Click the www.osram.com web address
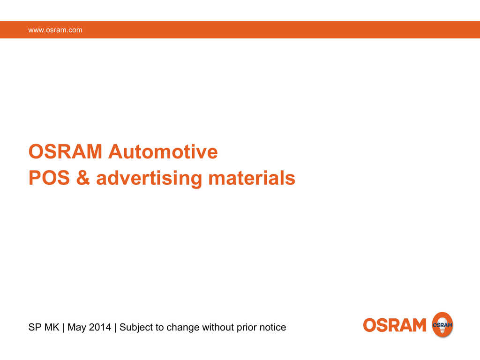[x=55, y=30]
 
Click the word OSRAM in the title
[x=65, y=152]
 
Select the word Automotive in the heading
[x=163, y=152]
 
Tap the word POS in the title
[x=48, y=178]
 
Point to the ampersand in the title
[x=82, y=178]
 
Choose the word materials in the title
[x=252, y=178]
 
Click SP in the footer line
[x=35, y=327]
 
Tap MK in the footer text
[x=52, y=327]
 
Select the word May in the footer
[x=77, y=327]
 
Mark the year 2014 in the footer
[x=100, y=327]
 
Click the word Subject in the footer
[x=136, y=327]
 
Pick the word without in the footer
[x=218, y=327]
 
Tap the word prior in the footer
[x=247, y=327]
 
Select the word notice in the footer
[x=273, y=327]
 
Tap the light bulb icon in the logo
[x=442, y=324]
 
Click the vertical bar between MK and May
[x=63, y=327]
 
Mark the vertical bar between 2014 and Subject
[x=115, y=327]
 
